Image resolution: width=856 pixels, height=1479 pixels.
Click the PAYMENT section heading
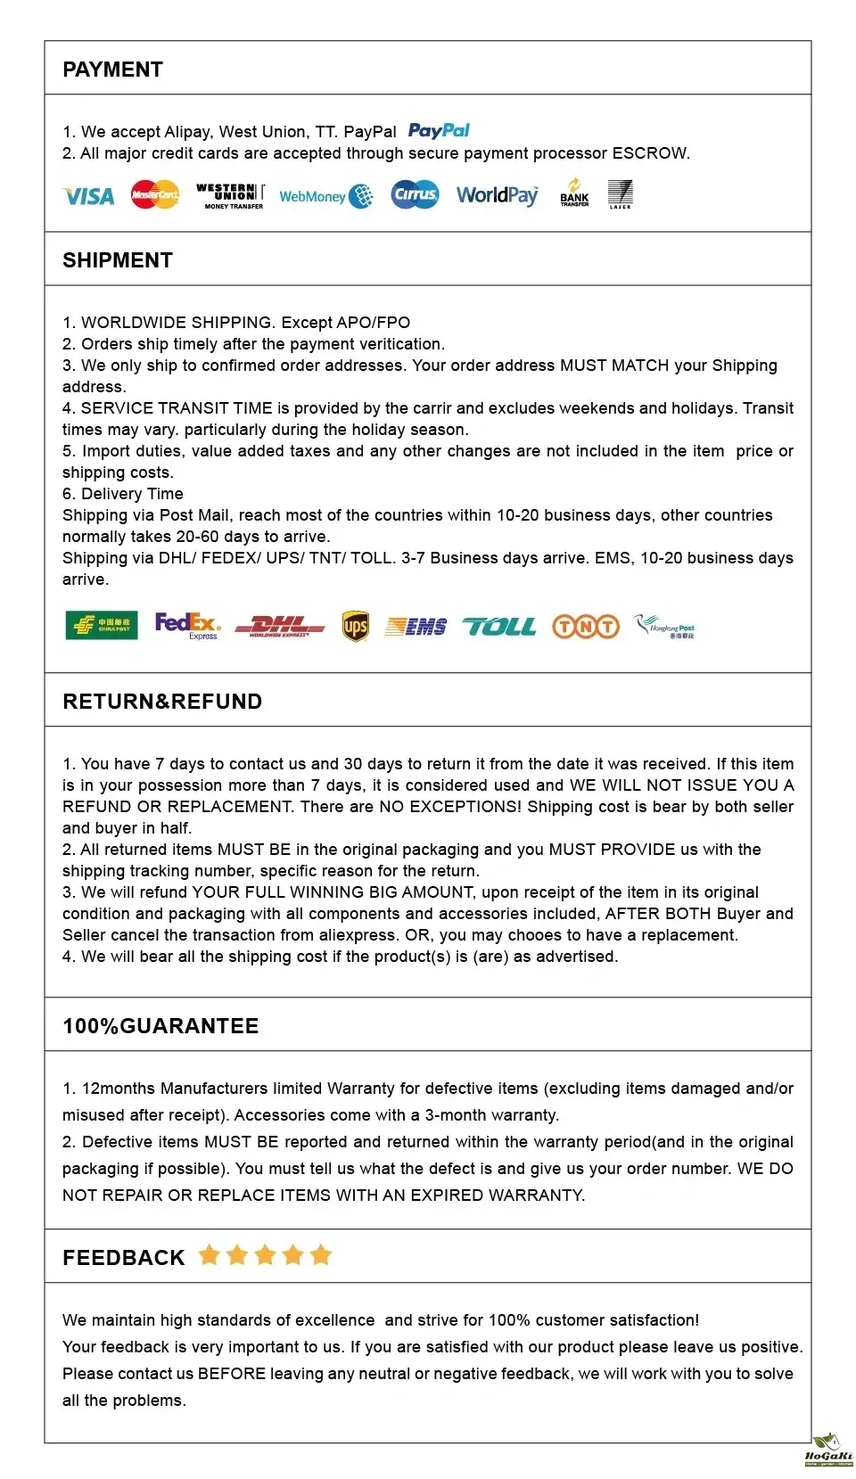pyautogui.click(x=112, y=70)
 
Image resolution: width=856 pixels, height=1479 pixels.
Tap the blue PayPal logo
pyautogui.click(x=439, y=131)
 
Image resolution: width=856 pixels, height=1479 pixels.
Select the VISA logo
pyautogui.click(x=88, y=196)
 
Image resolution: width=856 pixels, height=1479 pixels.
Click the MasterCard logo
pyautogui.click(x=154, y=194)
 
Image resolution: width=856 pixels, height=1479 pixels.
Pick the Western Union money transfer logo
pyautogui.click(x=230, y=195)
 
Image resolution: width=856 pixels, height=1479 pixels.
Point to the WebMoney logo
pyautogui.click(x=325, y=196)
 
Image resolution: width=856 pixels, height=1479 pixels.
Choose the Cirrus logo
pyautogui.click(x=415, y=194)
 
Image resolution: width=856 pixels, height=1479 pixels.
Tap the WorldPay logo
pyautogui.click(x=498, y=195)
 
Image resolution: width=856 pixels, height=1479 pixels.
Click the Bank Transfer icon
pyautogui.click(x=574, y=193)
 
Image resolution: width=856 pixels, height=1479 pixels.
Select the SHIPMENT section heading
pyautogui.click(x=118, y=260)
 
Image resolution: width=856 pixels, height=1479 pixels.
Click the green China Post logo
pyautogui.click(x=102, y=626)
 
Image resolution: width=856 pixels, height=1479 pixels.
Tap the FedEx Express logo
pyautogui.click(x=187, y=625)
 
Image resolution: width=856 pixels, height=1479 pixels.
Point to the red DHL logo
pyautogui.click(x=280, y=627)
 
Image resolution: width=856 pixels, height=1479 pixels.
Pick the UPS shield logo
pyautogui.click(x=356, y=627)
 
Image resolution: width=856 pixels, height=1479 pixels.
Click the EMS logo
pyautogui.click(x=416, y=627)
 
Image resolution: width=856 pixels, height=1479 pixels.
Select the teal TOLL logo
pyautogui.click(x=499, y=627)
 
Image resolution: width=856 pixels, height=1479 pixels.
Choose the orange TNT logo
pyautogui.click(x=586, y=627)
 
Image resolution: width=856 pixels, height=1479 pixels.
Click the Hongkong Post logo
pyautogui.click(x=664, y=627)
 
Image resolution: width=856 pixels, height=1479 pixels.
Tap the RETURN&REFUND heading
pyautogui.click(x=162, y=702)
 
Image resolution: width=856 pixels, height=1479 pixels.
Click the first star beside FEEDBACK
pyautogui.click(x=210, y=1255)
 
